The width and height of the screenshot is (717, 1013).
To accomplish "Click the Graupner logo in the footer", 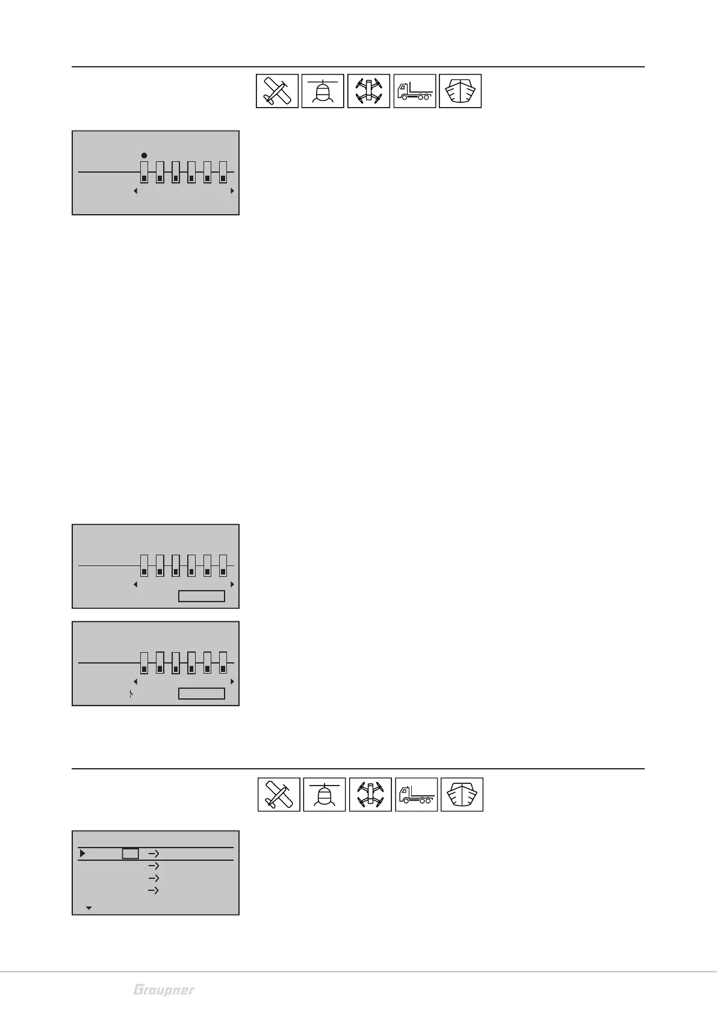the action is click(164, 990).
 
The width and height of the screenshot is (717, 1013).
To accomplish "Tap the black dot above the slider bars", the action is click(144, 155).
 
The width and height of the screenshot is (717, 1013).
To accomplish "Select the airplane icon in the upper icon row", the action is click(277, 91).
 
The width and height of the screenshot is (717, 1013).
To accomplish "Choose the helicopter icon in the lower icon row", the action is click(324, 794).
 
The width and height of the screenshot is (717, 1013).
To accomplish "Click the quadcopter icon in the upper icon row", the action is click(369, 91).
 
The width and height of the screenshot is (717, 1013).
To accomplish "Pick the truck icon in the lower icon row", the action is click(416, 794).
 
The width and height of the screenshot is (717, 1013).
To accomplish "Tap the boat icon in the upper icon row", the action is click(461, 91).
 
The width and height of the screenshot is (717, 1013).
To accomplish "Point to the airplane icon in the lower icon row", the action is click(279, 794).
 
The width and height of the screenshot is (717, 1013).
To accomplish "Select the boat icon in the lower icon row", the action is click(462, 794).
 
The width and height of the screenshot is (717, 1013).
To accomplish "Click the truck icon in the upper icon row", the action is click(415, 91).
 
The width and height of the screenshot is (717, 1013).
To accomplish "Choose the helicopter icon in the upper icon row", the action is click(323, 91).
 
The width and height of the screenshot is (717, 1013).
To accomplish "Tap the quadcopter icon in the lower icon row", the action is click(370, 794).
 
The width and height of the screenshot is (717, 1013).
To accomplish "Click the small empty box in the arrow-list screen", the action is click(131, 854).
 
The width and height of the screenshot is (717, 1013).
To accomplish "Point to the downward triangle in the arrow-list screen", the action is click(89, 908).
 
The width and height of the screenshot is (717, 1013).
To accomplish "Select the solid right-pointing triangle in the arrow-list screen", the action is click(82, 853).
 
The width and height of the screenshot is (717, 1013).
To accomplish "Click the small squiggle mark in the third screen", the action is click(131, 694).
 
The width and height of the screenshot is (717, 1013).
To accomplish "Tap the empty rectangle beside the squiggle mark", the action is click(202, 694).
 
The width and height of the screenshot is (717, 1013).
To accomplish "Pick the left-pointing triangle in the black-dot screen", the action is click(135, 191).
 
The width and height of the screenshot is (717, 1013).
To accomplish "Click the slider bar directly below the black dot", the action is click(144, 172).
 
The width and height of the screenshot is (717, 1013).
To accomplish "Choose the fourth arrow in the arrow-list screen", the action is click(154, 891).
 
